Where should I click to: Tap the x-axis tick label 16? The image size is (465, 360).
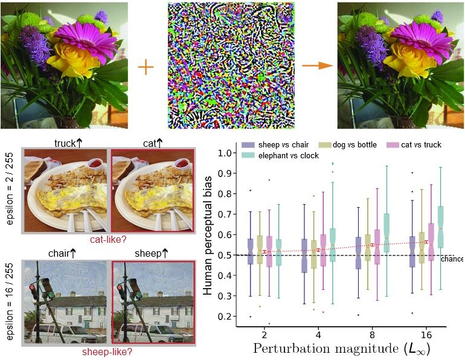428,333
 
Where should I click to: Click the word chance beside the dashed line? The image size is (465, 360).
452,259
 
